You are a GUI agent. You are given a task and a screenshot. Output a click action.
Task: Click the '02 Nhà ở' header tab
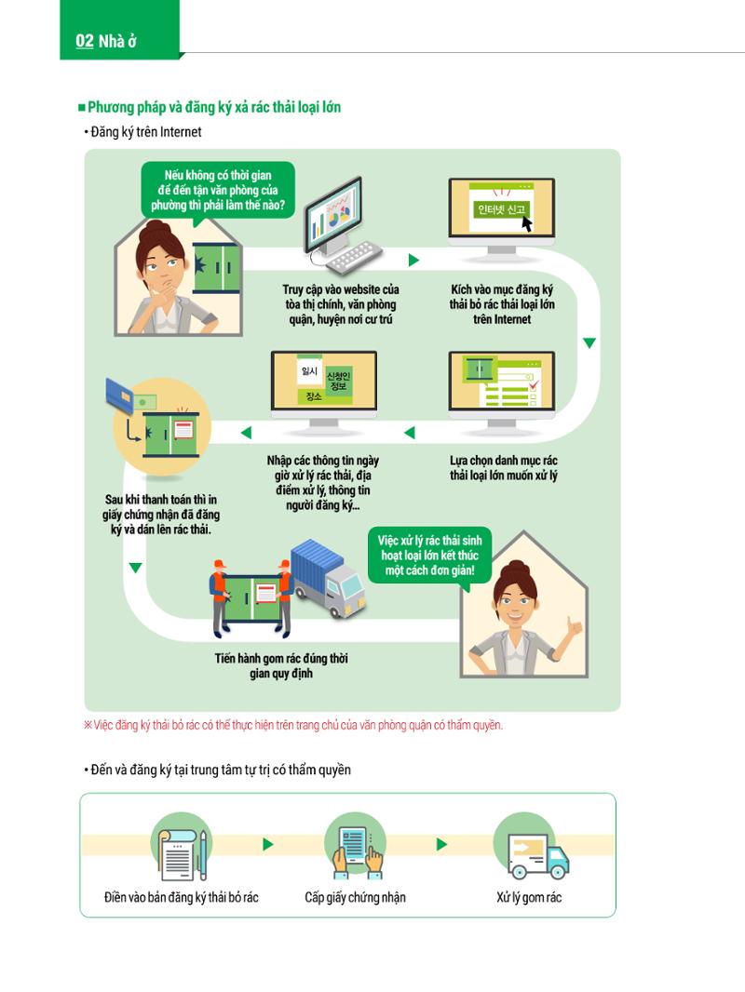(119, 30)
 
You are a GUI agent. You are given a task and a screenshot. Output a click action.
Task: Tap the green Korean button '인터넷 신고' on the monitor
(501, 209)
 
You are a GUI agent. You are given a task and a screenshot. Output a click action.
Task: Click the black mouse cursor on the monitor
(526, 223)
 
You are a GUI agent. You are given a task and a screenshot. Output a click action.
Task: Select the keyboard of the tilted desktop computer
(353, 257)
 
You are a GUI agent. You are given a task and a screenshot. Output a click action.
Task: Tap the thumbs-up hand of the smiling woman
(574, 627)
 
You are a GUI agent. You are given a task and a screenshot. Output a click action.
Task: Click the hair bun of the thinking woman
(156, 228)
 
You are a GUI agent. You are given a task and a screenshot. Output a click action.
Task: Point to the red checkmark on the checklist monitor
(534, 383)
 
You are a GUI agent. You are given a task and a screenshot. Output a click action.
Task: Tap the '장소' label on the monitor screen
(314, 396)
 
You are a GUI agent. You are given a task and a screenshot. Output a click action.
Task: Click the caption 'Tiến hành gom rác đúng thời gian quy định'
(281, 665)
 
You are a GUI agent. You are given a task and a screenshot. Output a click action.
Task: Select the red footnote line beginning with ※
(293, 725)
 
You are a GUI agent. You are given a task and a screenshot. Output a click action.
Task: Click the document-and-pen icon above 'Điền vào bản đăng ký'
(182, 847)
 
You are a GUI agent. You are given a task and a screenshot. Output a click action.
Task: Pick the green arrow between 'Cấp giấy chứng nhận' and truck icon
(441, 844)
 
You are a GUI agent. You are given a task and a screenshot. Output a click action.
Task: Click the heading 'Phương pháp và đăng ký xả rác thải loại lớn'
(214, 107)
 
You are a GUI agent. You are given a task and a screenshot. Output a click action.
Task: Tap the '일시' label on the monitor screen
(310, 371)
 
